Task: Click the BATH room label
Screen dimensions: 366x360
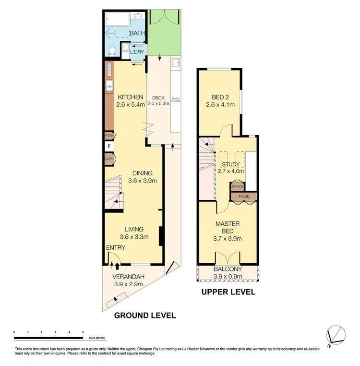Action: (x=138, y=33)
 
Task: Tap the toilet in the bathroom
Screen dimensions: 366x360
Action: (x=111, y=50)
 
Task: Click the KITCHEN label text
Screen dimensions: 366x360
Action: (x=131, y=97)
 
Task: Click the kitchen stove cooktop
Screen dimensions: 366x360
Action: (x=109, y=70)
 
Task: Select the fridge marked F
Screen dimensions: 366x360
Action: (x=109, y=146)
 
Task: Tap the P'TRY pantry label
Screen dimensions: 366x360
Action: (x=109, y=136)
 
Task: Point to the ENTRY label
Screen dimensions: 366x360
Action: (x=116, y=248)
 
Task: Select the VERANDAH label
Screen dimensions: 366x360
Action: (x=129, y=277)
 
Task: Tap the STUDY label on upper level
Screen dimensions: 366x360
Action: (x=231, y=164)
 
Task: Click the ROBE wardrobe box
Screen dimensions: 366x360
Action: (x=244, y=196)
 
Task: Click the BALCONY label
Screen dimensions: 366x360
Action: (x=228, y=269)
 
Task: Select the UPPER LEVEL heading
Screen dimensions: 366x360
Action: (x=228, y=292)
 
